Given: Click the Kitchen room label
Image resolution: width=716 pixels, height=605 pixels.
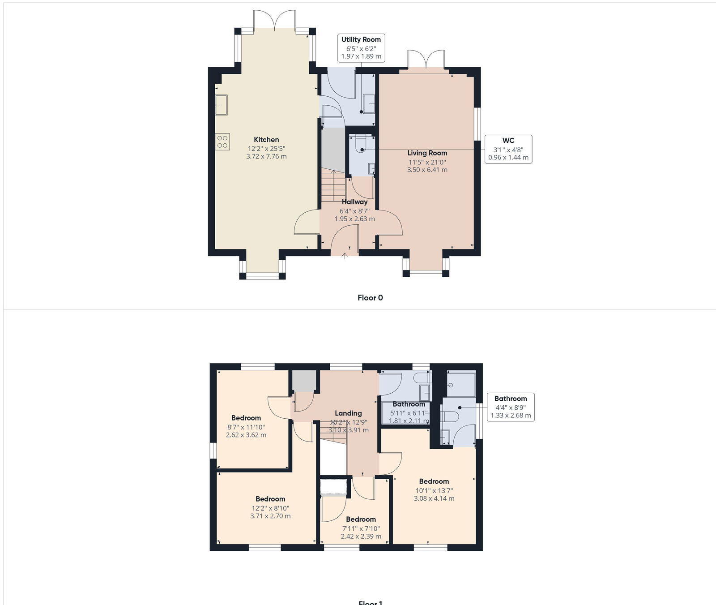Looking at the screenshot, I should click(x=266, y=140).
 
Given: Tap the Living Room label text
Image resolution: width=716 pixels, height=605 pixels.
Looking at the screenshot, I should click(x=427, y=153).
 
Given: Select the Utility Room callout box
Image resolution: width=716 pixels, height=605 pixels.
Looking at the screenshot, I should click(x=361, y=47).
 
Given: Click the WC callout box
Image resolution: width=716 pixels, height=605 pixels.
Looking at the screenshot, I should click(x=508, y=149).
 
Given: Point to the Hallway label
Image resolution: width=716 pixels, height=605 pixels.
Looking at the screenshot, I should click(x=354, y=202).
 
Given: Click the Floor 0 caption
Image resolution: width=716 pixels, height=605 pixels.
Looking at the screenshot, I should click(x=370, y=298).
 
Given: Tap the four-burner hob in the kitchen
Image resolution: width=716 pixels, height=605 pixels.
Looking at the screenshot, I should click(x=222, y=142).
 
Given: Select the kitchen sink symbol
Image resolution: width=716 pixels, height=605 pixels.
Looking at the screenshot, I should click(x=222, y=105).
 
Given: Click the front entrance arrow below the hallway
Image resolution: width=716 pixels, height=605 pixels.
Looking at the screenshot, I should click(x=345, y=256).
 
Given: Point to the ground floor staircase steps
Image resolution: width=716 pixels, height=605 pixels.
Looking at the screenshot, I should click(x=333, y=186).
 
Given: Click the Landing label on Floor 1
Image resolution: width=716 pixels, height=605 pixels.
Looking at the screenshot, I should click(x=348, y=413).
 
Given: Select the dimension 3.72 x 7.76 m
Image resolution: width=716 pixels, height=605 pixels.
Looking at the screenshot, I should click(x=266, y=157).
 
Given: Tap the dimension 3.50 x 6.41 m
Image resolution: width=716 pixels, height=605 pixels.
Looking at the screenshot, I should click(x=427, y=170).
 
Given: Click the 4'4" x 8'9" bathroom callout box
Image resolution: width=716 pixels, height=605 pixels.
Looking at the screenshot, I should click(x=511, y=407).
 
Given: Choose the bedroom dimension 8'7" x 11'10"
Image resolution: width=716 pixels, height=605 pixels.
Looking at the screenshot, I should click(x=246, y=427).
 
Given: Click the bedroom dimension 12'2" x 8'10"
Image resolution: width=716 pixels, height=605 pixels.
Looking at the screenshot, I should click(x=270, y=508).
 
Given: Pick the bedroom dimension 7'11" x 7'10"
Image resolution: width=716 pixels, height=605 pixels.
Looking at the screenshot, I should click(x=361, y=528).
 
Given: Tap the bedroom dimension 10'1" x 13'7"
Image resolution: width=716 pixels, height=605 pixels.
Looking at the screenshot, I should click(x=434, y=490).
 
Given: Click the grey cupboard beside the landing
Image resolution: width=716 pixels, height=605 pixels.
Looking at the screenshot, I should click(x=304, y=381).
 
